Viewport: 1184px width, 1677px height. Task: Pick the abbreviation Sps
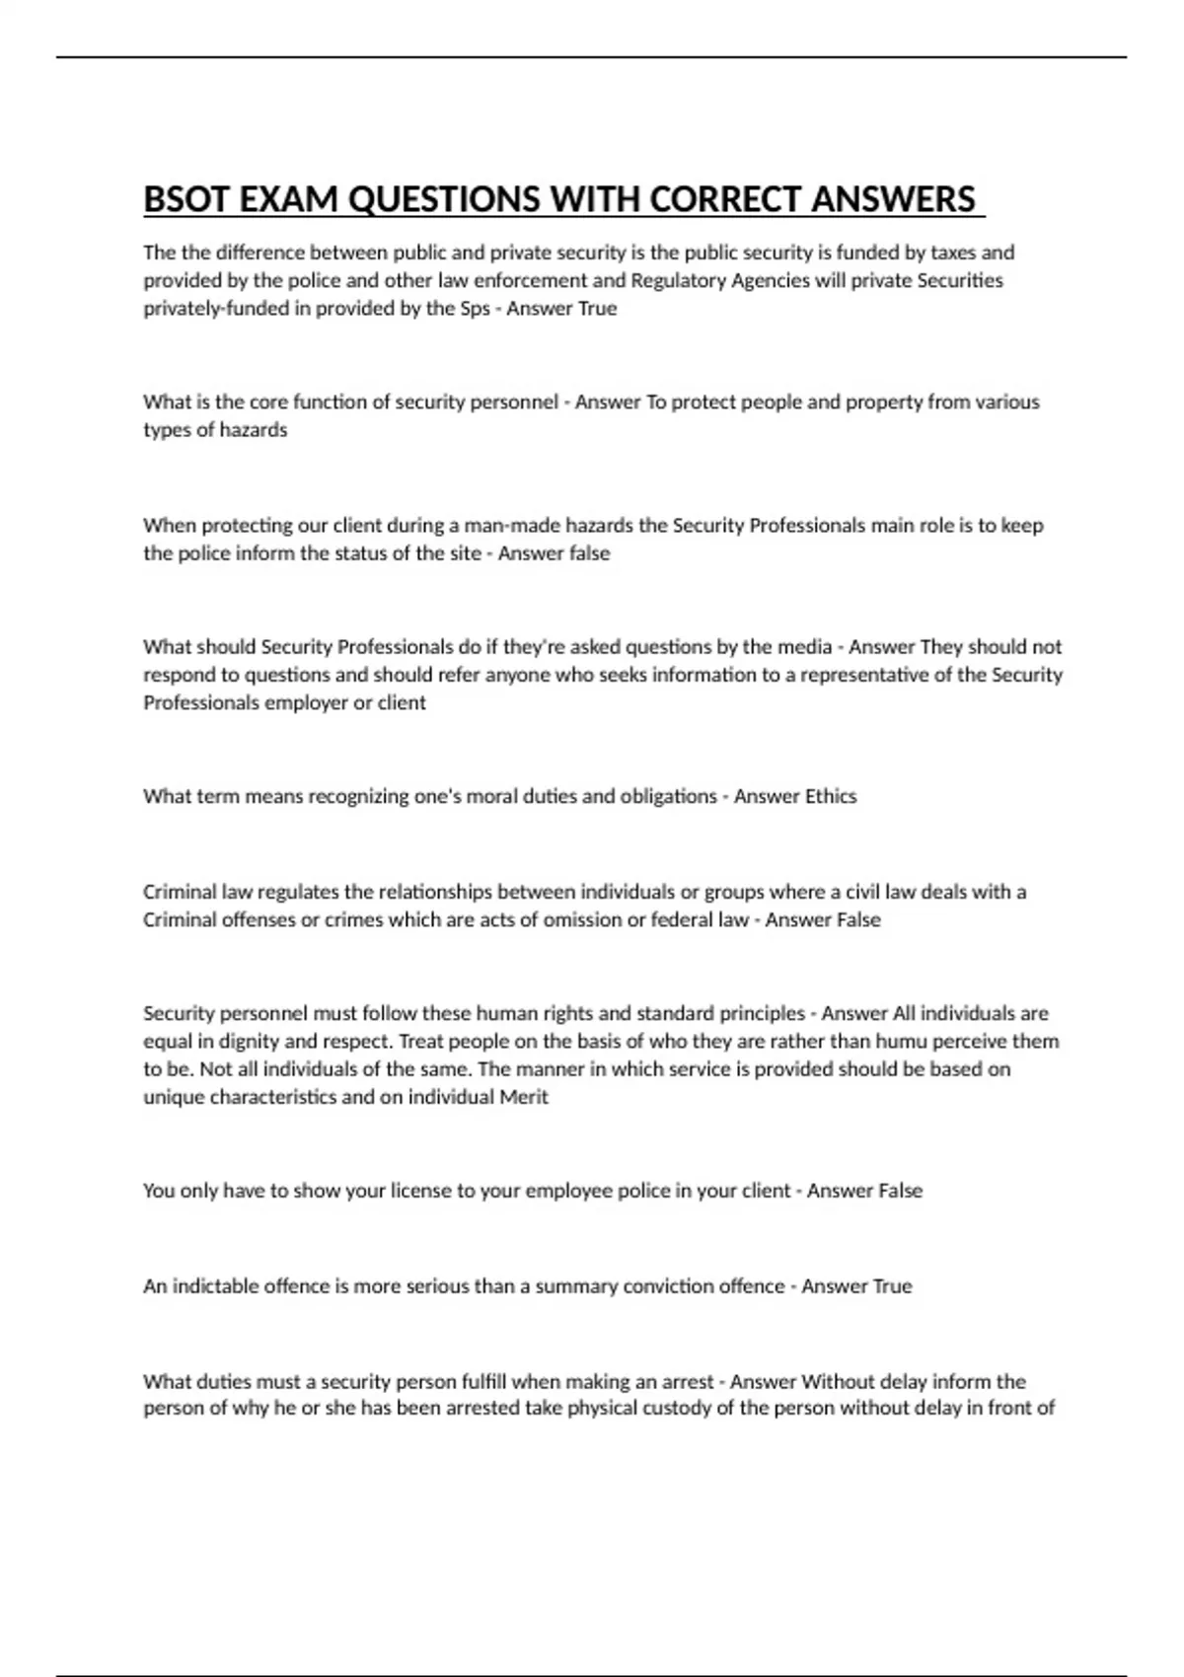pyautogui.click(x=475, y=308)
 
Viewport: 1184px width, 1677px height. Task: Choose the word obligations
pyautogui.click(x=668, y=796)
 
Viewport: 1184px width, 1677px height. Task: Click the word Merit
pyautogui.click(x=524, y=1097)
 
